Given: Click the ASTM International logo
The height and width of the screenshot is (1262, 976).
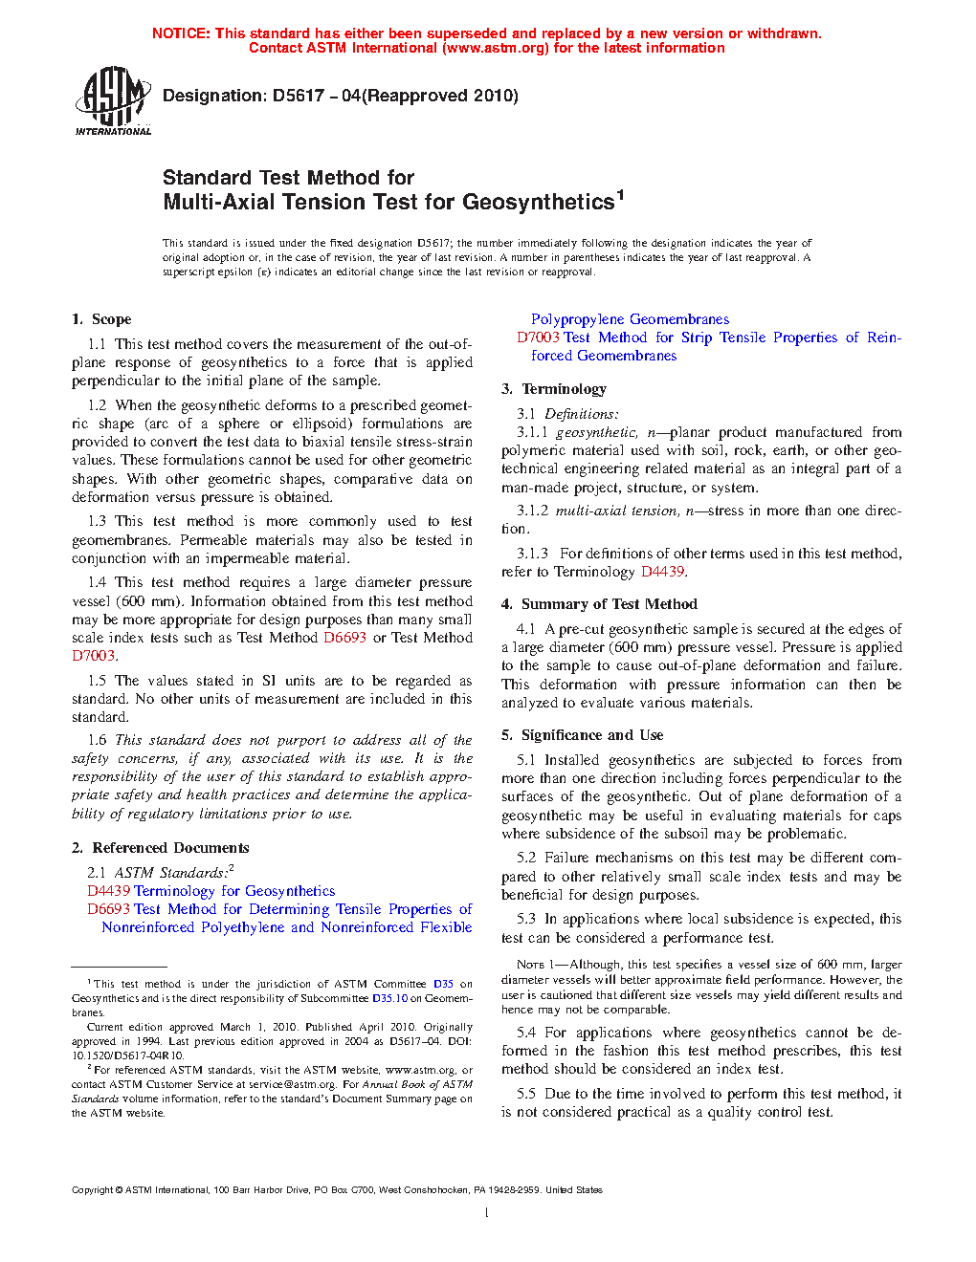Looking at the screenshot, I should [112, 100].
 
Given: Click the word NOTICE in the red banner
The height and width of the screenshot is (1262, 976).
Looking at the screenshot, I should [181, 33].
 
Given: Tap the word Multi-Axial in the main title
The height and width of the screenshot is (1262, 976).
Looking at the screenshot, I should [216, 202].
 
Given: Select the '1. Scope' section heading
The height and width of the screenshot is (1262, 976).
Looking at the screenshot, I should [101, 319].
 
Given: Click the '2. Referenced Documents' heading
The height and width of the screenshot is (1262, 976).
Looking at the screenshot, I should [160, 848].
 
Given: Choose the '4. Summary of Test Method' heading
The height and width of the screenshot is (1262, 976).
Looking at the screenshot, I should [599, 604].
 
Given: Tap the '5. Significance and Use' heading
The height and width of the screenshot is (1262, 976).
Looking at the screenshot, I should [582, 735].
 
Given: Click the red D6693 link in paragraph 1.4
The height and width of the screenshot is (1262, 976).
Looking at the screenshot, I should [344, 638].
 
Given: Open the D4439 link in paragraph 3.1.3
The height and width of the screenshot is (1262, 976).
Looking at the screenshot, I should [662, 572].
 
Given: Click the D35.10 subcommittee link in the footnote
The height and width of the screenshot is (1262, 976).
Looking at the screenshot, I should [389, 998].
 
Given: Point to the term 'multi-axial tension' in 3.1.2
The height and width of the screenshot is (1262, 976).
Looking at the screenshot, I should [616, 511].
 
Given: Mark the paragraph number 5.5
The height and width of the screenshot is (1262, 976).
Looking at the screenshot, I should [526, 1094].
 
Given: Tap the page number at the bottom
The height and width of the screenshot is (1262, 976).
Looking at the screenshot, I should [487, 1213].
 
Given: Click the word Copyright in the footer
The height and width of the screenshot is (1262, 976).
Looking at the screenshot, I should [92, 1190].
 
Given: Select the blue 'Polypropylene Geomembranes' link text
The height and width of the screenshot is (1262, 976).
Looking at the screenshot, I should [630, 319].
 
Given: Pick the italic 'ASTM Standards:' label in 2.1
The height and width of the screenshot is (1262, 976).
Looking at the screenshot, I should [172, 873].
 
